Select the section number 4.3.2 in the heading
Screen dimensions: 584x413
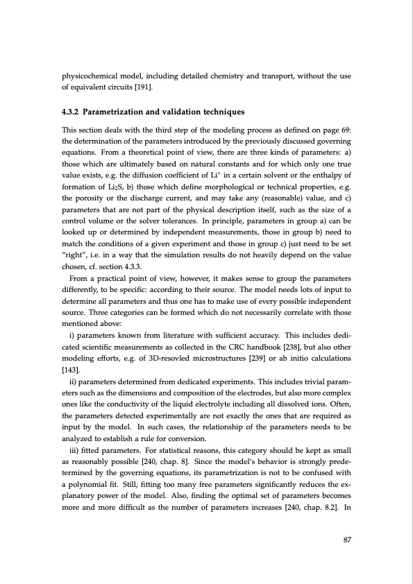(x=71, y=112)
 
